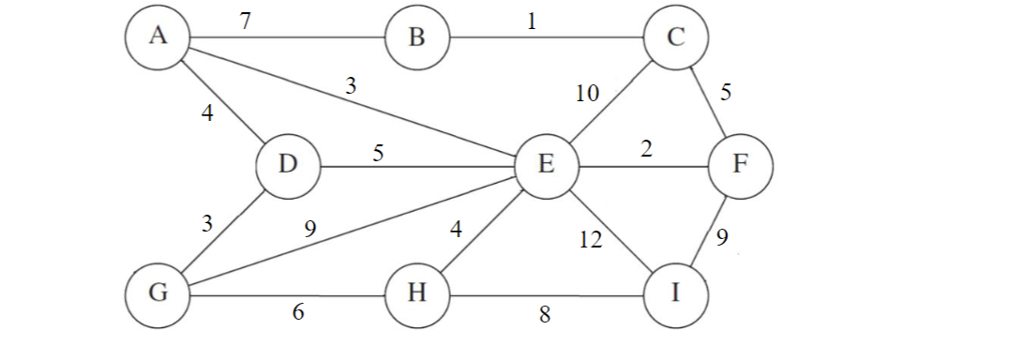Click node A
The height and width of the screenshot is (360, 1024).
(158, 36)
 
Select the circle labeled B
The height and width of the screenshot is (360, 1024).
(417, 38)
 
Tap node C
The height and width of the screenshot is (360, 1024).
(676, 37)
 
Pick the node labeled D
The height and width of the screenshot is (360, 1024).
(288, 165)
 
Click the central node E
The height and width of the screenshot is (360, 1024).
(547, 166)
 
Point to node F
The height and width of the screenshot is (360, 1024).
(741, 165)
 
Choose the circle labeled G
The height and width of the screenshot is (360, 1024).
(158, 292)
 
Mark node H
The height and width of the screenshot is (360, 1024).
(417, 294)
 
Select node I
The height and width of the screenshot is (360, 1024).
(676, 293)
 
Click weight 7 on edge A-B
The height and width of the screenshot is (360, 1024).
(245, 21)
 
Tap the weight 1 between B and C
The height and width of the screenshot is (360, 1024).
(532, 21)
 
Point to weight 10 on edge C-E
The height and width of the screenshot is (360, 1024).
(588, 94)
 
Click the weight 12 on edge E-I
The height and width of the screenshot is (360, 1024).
(591, 241)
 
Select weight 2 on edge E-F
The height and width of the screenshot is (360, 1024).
(646, 150)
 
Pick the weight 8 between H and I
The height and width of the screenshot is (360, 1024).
(545, 315)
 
